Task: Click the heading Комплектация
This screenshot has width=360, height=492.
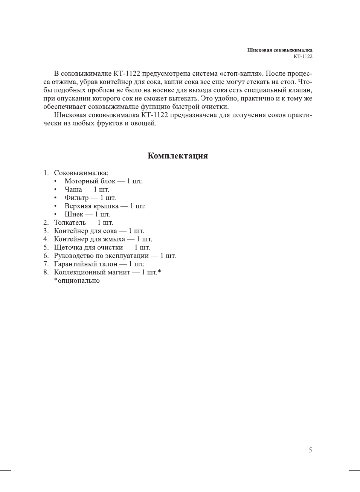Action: pyautogui.click(x=177, y=156)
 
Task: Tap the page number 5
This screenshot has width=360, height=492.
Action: pyautogui.click(x=310, y=450)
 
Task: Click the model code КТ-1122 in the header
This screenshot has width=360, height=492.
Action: pyautogui.click(x=303, y=56)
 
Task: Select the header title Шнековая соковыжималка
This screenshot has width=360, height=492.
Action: pyautogui.click(x=279, y=50)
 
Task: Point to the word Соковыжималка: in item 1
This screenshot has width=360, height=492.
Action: pyautogui.click(x=81, y=173)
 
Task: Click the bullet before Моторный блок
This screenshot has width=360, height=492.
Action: pyautogui.click(x=55, y=181)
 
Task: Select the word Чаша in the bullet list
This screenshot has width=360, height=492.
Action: pyautogui.click(x=73, y=189)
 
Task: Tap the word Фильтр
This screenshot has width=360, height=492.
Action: pyautogui.click(x=76, y=198)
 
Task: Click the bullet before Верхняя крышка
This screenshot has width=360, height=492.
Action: pyautogui.click(x=55, y=206)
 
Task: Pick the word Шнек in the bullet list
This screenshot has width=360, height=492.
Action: pyautogui.click(x=74, y=214)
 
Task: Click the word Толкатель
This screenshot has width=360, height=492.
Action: pyautogui.click(x=70, y=222)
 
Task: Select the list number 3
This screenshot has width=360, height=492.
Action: pyautogui.click(x=46, y=231)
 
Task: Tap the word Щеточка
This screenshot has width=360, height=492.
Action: pyautogui.click(x=69, y=247)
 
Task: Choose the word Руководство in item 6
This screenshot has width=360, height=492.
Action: pyautogui.click(x=74, y=256)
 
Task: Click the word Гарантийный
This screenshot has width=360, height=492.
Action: pyautogui.click(x=75, y=264)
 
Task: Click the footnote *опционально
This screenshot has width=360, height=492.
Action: pyautogui.click(x=77, y=280)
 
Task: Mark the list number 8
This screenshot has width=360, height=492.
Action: pyautogui.click(x=46, y=272)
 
